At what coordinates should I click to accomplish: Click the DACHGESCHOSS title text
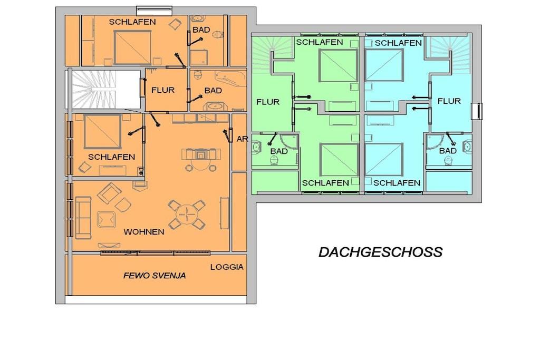[x=381, y=252]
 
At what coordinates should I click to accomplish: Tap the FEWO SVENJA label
[x=155, y=275]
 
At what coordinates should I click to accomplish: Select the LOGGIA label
[x=227, y=267]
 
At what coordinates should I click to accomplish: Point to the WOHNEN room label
[x=144, y=231]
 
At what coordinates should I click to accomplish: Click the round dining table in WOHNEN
[x=186, y=215]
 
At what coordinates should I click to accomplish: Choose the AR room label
[x=242, y=139]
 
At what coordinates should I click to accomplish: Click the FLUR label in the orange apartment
[x=163, y=90]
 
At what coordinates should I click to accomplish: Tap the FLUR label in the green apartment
[x=268, y=102]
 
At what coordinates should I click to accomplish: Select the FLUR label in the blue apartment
[x=449, y=101]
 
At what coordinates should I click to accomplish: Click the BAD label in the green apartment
[x=279, y=151]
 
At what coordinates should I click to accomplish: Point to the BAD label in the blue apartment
[x=448, y=151]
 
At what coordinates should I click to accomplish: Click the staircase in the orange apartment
[x=103, y=90]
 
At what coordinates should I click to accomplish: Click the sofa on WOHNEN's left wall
[x=83, y=218]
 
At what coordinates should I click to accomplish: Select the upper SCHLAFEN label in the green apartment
[x=320, y=42]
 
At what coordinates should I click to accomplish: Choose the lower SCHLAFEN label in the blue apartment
[x=397, y=183]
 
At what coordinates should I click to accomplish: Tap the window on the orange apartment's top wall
[x=154, y=11]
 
